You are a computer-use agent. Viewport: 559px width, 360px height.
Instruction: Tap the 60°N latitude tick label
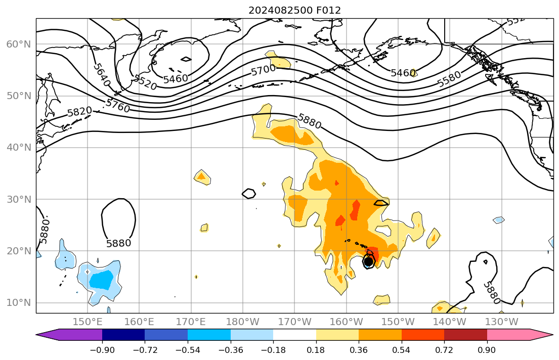coord(19,44)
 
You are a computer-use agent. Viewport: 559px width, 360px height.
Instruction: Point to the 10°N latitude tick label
coord(19,303)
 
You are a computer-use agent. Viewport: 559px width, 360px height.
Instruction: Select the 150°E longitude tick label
coord(88,322)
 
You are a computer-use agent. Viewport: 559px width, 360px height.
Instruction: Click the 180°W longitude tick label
coord(243,322)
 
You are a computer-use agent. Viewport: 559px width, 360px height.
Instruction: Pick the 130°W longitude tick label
coord(501,322)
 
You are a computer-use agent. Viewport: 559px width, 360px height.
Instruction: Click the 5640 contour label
coord(102,74)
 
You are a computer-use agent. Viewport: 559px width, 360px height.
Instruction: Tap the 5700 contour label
coord(264,70)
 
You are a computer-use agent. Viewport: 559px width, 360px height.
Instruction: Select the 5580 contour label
coord(449,79)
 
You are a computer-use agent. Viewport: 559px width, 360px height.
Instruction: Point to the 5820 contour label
coord(80,111)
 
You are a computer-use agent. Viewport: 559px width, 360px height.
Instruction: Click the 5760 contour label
coord(118,106)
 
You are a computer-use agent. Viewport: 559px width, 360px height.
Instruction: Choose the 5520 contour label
coord(145,82)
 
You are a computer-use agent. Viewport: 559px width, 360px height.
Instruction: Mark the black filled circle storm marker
coord(368,261)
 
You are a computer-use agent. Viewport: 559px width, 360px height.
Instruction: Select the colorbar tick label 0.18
coord(316,350)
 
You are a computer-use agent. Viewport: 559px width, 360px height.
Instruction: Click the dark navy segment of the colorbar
coord(123,335)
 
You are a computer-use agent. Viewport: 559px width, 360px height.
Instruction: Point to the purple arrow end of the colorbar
coord(68,335)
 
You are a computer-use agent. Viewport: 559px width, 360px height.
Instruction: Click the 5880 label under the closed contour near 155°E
coord(119,243)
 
